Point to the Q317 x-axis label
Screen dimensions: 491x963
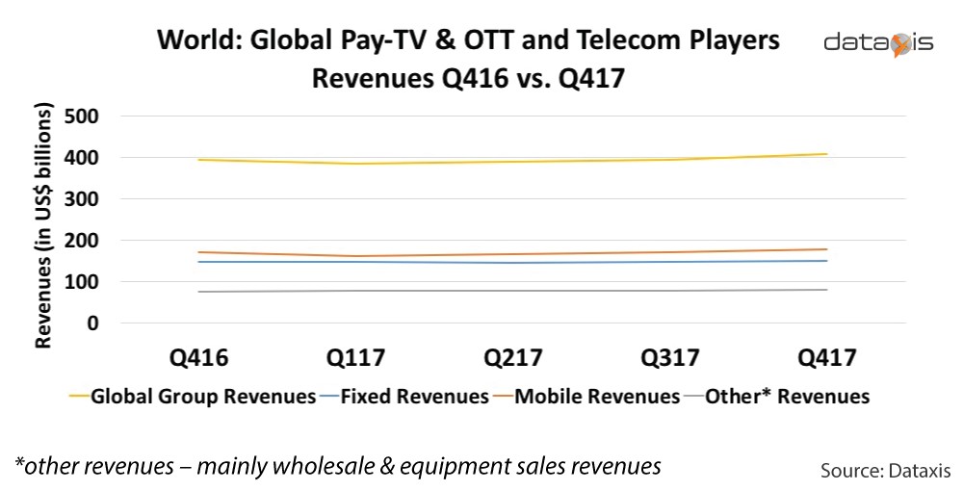[x=671, y=358]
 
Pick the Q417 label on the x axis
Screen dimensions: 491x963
[x=828, y=358]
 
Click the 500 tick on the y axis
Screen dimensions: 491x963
[x=82, y=116]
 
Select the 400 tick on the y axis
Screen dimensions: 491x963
[x=82, y=158]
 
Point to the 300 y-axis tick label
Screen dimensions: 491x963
[x=82, y=199]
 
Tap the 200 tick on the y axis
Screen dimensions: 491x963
[x=82, y=241]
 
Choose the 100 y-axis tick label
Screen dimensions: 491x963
[x=82, y=282]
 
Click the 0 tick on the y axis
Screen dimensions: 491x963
[x=93, y=323]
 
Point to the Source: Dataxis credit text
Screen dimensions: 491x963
[x=885, y=471]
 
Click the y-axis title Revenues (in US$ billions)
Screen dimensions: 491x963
[x=44, y=228]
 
